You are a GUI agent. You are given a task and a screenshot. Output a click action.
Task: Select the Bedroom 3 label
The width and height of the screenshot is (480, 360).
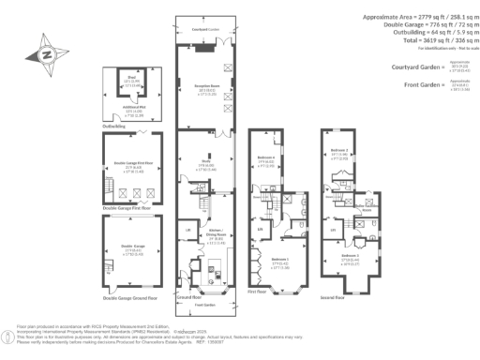[351, 255]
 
